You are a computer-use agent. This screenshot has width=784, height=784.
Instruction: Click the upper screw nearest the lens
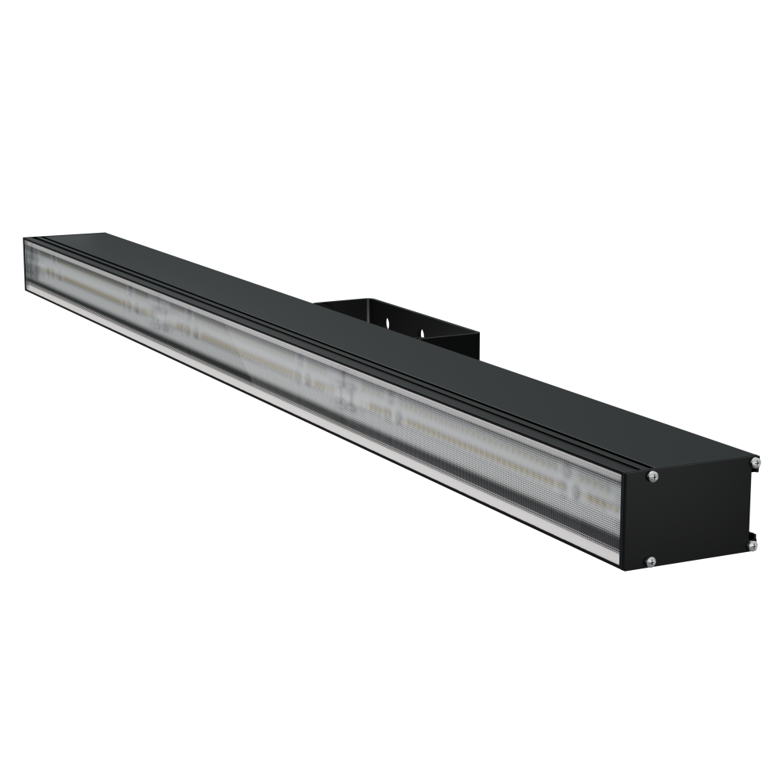point(652,475)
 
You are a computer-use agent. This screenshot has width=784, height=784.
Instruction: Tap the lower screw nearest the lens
point(650,561)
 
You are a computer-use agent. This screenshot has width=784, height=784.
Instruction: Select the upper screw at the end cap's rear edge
point(754,463)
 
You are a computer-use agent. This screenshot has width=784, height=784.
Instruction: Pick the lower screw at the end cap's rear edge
point(751,543)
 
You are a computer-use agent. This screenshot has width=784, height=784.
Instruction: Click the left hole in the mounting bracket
point(387,322)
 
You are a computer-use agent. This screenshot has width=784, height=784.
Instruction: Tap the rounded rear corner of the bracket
point(368,299)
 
